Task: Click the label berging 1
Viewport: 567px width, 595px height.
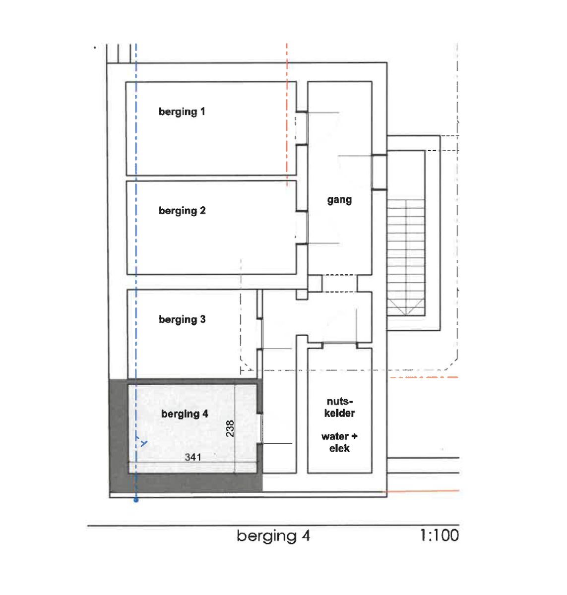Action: click(x=182, y=112)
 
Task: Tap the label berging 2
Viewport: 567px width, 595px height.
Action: click(x=182, y=211)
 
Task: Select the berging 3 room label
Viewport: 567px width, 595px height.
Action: click(x=182, y=320)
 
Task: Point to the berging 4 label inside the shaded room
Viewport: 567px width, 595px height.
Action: click(x=185, y=414)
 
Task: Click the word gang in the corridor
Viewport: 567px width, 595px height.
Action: click(x=339, y=200)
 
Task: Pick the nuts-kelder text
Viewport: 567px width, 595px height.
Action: click(x=340, y=407)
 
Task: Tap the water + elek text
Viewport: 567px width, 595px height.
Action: click(x=339, y=442)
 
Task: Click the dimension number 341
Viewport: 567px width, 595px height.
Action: click(x=193, y=457)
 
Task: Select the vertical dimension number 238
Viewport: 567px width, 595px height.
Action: click(x=230, y=428)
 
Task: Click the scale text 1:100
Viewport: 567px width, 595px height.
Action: click(x=439, y=535)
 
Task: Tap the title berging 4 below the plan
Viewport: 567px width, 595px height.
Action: click(x=273, y=536)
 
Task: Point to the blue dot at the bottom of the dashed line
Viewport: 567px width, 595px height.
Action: click(x=136, y=500)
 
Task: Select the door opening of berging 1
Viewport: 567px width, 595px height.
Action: click(x=302, y=128)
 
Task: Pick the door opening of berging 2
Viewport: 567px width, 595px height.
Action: click(x=302, y=228)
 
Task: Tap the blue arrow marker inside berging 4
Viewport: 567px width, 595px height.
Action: click(x=144, y=443)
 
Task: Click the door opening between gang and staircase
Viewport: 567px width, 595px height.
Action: click(x=379, y=172)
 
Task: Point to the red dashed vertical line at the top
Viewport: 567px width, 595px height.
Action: click(x=287, y=114)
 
